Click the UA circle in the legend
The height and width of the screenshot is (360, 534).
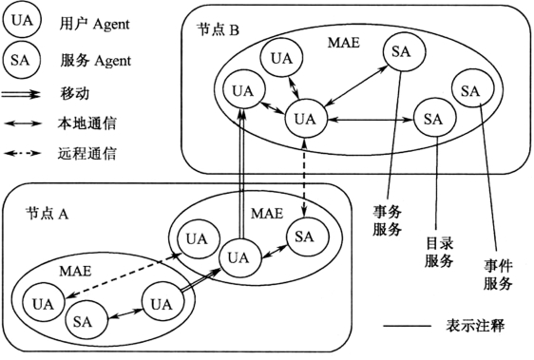22,20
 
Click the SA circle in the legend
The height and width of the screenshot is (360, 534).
21,60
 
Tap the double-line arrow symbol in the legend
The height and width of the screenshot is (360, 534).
21,94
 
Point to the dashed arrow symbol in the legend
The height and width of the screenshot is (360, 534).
23,154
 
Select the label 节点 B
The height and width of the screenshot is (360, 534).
219,30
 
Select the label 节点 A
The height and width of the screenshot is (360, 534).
47,214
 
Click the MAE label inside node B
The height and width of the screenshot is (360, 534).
343,43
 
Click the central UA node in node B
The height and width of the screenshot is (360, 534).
305,119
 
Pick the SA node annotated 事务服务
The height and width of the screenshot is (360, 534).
404,51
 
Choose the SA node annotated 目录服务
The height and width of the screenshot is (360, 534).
434,119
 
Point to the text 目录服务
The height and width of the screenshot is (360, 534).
439,253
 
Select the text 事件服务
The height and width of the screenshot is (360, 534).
498,275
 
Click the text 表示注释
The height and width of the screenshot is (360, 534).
475,326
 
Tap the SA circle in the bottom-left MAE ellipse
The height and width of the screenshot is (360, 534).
84,320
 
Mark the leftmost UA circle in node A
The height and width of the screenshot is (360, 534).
44,302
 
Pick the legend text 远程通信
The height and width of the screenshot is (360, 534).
86,154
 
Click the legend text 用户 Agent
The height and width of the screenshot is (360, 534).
95,24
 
